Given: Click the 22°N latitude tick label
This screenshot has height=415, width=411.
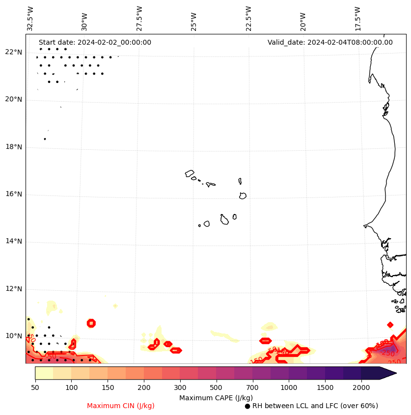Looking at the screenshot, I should click(x=13, y=53).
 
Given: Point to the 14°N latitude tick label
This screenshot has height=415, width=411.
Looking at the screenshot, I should click(x=13, y=242).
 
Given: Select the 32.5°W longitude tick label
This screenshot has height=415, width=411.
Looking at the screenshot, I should click(x=30, y=19).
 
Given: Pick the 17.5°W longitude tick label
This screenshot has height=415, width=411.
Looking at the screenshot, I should click(x=357, y=19).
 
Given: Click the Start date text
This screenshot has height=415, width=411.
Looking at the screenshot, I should click(x=95, y=43).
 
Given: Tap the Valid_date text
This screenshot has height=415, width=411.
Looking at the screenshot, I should click(x=330, y=43).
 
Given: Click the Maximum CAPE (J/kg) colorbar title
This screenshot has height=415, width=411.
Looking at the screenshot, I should click(x=216, y=398).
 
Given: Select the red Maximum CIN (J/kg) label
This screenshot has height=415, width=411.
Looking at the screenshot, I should click(x=121, y=406).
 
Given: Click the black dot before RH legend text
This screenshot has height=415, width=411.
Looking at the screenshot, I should click(x=247, y=406).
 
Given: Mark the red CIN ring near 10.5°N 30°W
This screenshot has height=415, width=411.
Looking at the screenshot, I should click(x=91, y=323).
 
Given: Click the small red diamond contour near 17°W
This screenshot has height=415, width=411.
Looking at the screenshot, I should click(x=390, y=325).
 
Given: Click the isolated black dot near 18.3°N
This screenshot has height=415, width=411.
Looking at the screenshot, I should click(x=45, y=139).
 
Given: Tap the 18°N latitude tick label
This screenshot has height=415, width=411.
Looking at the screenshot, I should click(x=13, y=147).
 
